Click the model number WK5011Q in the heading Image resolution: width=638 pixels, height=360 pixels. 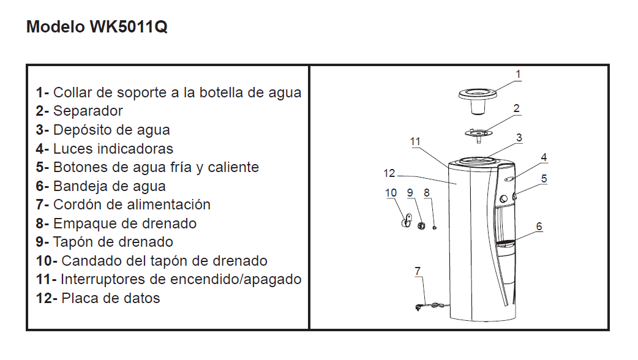tap(128, 27)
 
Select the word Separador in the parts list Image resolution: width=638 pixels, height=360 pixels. tap(88, 111)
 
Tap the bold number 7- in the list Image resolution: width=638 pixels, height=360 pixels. tap(42, 204)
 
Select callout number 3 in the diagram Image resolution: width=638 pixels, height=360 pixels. tap(519, 138)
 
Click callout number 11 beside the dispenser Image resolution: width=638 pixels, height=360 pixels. tap(415, 141)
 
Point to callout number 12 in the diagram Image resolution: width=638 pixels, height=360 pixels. tap(389, 173)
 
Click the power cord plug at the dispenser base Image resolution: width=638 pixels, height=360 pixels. tap(418, 307)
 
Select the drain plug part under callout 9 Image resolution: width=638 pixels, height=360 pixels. tap(421, 224)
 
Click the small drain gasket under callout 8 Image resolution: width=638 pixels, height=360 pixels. tap(435, 228)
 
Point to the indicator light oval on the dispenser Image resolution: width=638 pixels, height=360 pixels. tap(509, 179)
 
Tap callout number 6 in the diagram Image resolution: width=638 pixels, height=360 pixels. tap(539, 227)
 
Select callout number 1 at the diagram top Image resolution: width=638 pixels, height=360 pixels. tap(518, 75)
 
